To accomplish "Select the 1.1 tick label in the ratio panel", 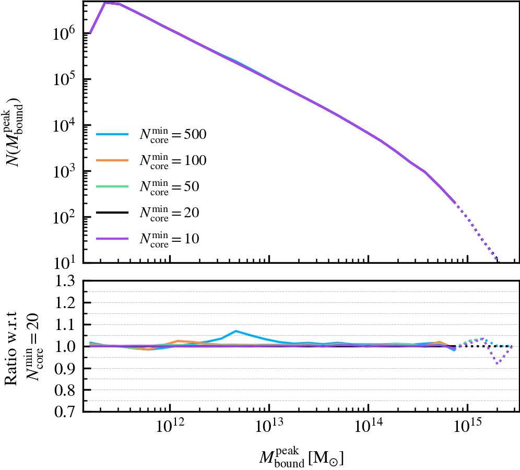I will coord(66,325).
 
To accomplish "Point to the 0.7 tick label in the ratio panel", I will coord(66,412).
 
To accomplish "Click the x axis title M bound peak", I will coord(301,456).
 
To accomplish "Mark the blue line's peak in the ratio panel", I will coord(236,331).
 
